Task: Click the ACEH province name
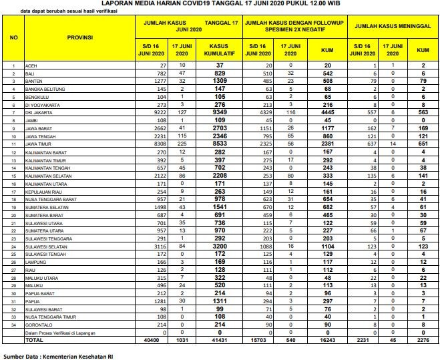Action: click(29, 65)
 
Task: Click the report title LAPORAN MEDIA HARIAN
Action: click(220, 3)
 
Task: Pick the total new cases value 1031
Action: click(180, 339)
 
